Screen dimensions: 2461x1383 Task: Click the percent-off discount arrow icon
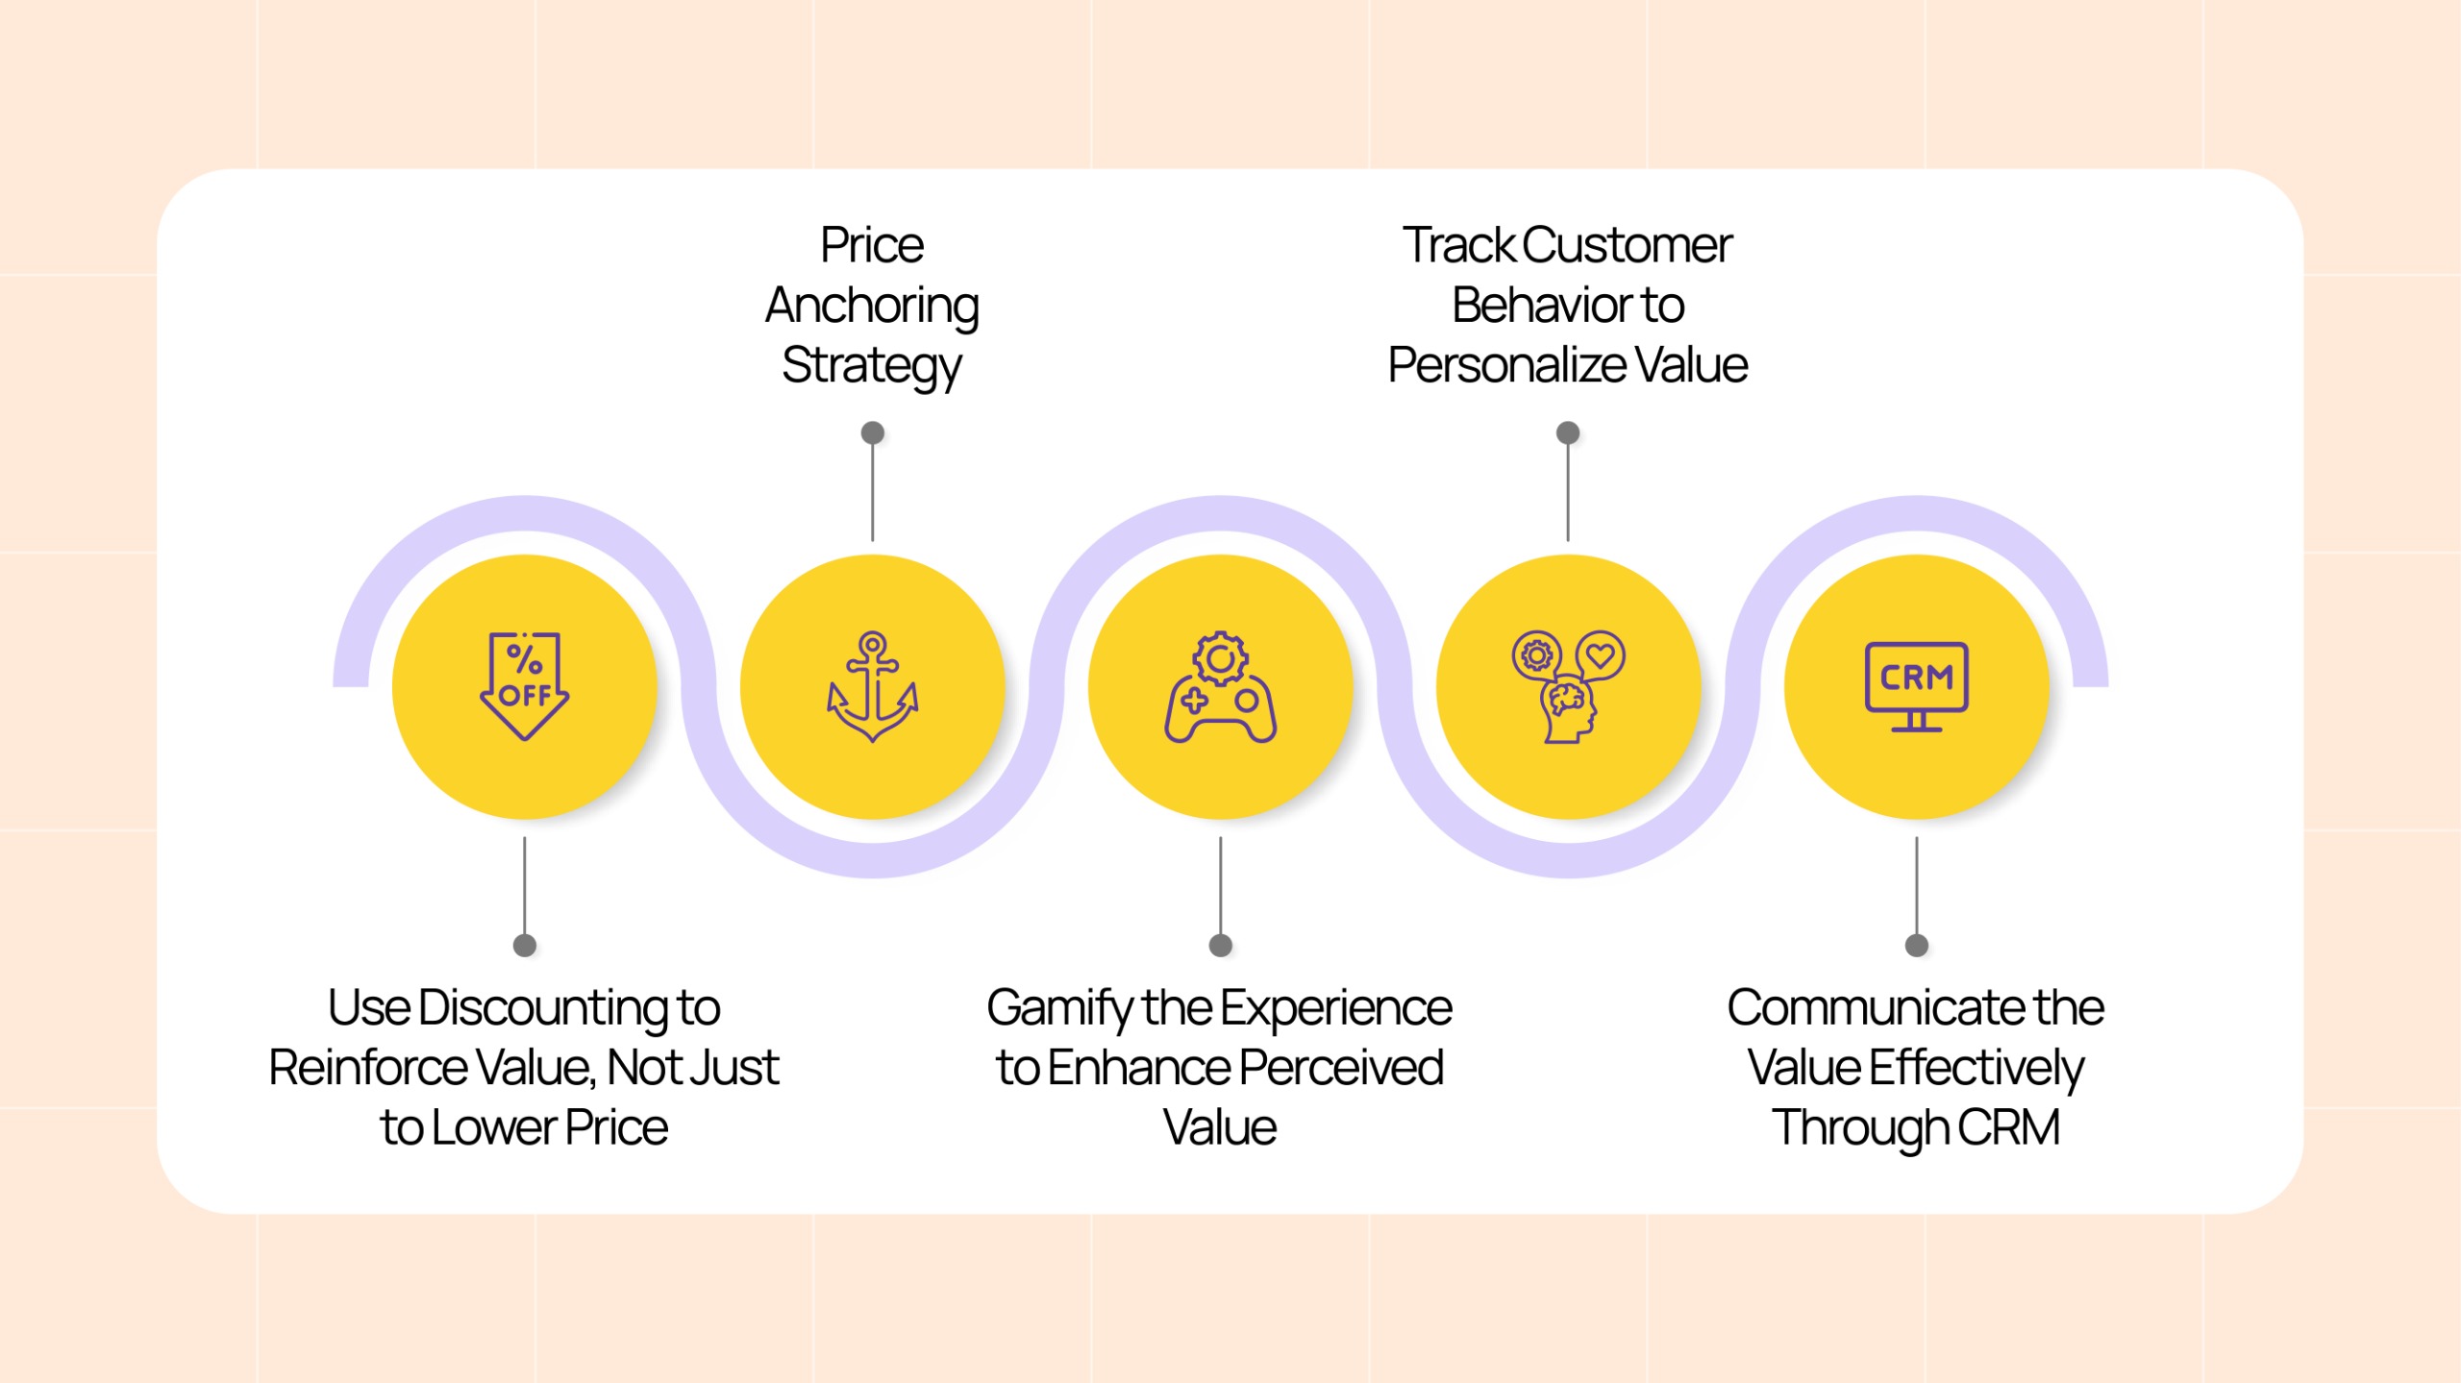(x=524, y=686)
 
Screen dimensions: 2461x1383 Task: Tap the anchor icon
(x=872, y=686)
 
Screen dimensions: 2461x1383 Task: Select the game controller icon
(x=1220, y=686)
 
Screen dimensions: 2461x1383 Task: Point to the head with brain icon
(x=1568, y=686)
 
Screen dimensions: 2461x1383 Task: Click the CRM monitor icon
(x=1916, y=686)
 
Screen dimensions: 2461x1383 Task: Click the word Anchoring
(x=872, y=307)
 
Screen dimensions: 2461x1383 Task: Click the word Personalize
(x=1506, y=365)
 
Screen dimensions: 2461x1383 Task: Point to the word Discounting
(x=542, y=1009)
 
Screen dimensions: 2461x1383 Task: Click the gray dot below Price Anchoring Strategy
(x=872, y=432)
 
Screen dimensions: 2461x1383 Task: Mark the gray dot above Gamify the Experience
(x=1220, y=946)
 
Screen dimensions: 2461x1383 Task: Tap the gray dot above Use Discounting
(x=524, y=946)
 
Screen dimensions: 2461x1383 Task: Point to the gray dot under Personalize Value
(x=1568, y=432)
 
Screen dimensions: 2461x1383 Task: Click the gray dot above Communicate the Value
(x=1916, y=946)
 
